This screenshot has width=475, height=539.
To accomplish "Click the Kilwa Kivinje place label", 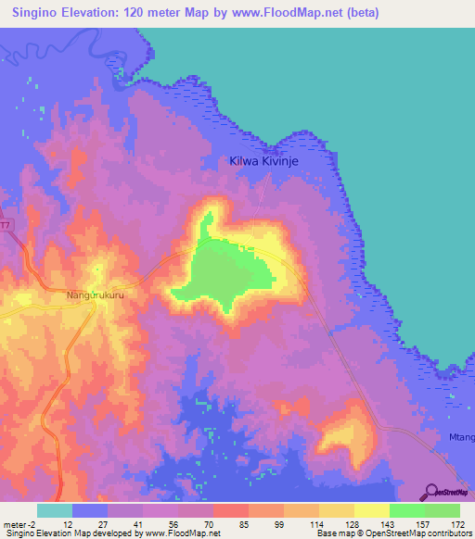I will pyautogui.click(x=268, y=161).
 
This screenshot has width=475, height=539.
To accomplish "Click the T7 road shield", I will pyautogui.click(x=5, y=225).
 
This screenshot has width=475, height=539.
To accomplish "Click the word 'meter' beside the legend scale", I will pyautogui.click(x=16, y=524).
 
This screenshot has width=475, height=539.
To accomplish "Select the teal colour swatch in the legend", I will pyautogui.click(x=55, y=510).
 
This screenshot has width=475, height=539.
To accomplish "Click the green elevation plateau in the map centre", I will pyautogui.click(x=227, y=273).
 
